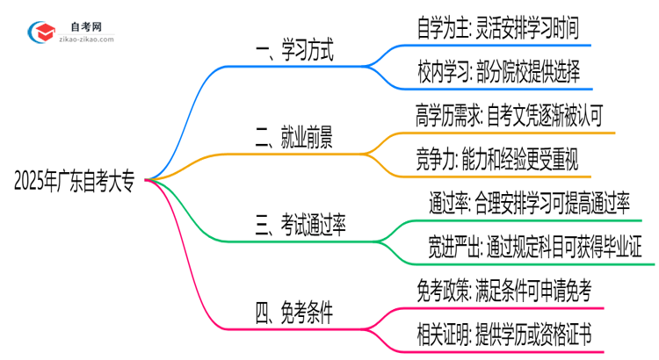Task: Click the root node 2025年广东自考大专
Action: [x=74, y=181]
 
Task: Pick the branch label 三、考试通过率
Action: [x=301, y=224]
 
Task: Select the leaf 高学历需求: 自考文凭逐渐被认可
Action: [x=509, y=115]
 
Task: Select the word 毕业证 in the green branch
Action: [x=631, y=248]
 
